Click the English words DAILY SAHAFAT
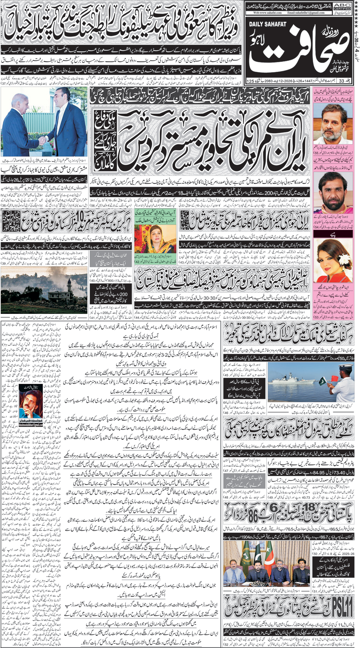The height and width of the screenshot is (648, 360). [x=267, y=24]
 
